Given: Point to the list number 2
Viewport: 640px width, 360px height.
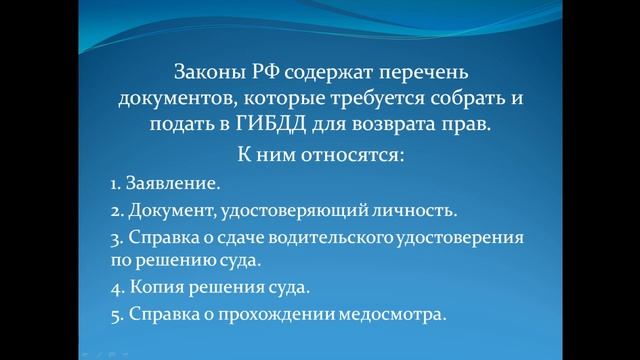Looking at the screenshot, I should point(115,211).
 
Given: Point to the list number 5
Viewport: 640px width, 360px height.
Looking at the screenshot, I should point(115,314).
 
